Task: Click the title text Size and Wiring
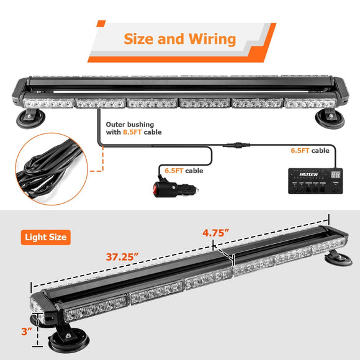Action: click(x=180, y=39)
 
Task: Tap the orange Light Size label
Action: click(x=46, y=236)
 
